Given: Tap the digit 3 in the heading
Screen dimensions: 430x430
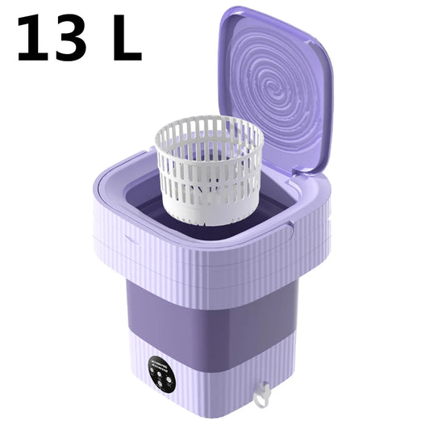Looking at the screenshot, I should coord(73,39).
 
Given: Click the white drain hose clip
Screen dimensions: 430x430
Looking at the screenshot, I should coord(260,395).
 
